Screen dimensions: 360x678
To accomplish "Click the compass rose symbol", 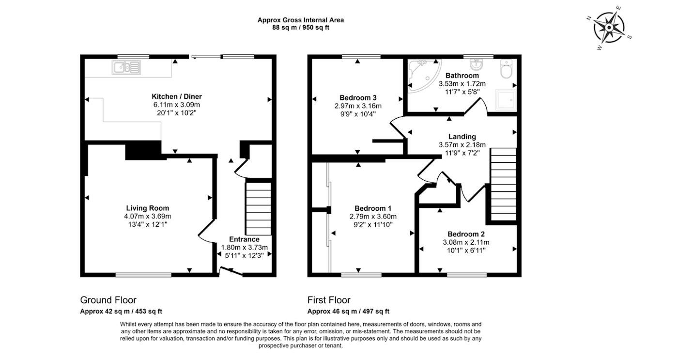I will point(608,28).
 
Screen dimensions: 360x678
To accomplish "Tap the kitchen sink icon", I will point(126,67).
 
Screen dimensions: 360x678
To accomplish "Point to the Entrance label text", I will point(244,239).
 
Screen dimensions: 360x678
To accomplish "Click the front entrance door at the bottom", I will point(231,274).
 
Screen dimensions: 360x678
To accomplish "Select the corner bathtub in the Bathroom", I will point(422,75).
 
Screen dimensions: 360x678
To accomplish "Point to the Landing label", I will point(462,137).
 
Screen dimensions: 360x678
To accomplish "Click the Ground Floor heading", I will point(108,300).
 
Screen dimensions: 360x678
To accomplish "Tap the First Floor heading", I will point(329,300).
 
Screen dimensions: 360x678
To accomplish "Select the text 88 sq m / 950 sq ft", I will point(301,28).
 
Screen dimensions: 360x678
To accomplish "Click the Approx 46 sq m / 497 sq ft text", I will point(348,312).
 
